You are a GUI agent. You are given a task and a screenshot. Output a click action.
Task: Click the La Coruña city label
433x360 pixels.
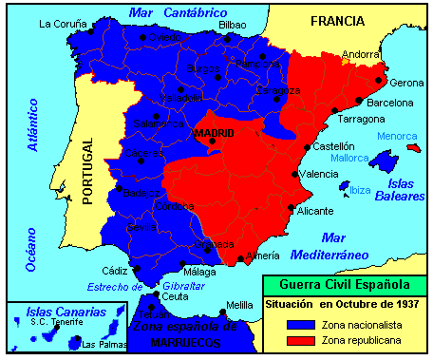(62, 25)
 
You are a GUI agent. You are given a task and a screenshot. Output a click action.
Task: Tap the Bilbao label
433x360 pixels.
(231, 25)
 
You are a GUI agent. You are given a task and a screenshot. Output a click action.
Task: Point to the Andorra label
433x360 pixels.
(362, 54)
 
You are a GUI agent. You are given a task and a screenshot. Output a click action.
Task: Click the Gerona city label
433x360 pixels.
(405, 82)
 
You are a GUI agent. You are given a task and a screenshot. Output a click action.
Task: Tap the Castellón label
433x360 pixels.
(334, 146)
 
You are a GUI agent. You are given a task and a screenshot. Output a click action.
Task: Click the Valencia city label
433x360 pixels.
(318, 174)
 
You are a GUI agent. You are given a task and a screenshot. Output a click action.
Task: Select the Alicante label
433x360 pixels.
(314, 211)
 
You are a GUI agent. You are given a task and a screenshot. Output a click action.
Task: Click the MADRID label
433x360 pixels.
(214, 134)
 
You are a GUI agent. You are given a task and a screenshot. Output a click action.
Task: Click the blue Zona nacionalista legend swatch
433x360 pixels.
(299, 324)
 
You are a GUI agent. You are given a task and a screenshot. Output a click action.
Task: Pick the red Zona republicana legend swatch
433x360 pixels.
(299, 339)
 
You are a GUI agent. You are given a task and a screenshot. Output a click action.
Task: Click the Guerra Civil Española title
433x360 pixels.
(344, 284)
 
